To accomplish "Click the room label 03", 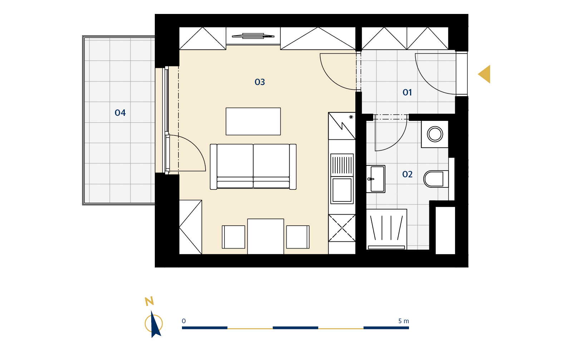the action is [260, 82].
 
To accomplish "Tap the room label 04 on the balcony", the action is [120, 113].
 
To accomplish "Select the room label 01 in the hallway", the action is [407, 92].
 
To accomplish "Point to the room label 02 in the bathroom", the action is [407, 174].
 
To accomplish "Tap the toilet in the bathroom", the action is [436, 179].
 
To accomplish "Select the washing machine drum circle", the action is [435, 134].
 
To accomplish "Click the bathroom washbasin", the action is [376, 179].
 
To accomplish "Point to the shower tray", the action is [386, 229].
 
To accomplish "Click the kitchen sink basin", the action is [342, 190].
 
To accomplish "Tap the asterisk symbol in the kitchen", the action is [351, 117].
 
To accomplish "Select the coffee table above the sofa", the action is [253, 121].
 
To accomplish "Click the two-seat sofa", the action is [253, 167].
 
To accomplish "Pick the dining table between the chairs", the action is [266, 236].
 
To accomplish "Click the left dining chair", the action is [233, 237].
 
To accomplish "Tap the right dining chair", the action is [298, 237].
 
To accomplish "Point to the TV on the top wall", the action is [253, 36].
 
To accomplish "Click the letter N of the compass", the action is [149, 301].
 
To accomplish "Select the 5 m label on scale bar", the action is [404, 321].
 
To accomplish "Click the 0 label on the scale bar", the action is [184, 321].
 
